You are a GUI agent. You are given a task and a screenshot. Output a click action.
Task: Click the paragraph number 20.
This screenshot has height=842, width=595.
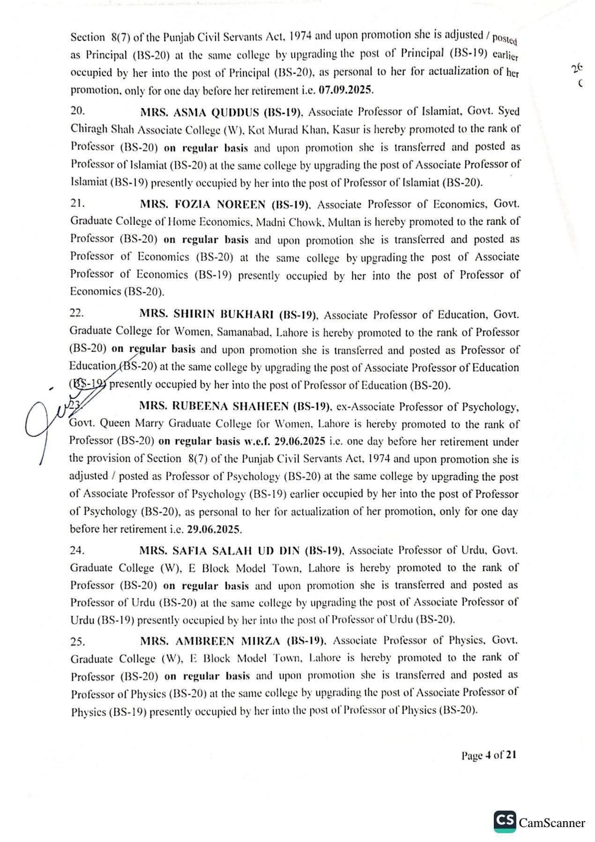[77, 112]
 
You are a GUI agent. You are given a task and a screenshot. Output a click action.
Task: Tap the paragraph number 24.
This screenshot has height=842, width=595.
[77, 550]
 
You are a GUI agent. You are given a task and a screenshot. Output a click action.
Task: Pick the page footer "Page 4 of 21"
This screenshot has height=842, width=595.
[489, 755]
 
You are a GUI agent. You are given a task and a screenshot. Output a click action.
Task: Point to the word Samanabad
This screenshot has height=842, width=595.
[244, 332]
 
